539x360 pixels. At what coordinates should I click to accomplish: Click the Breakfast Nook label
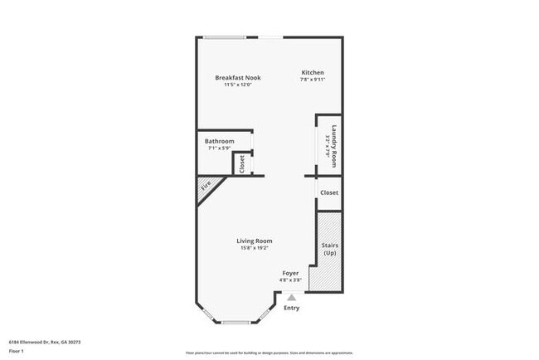(x=237, y=77)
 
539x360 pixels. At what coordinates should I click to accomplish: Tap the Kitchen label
(x=312, y=73)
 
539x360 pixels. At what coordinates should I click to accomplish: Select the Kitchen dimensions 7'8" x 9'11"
(x=312, y=80)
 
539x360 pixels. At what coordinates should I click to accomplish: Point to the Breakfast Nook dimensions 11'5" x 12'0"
(x=237, y=85)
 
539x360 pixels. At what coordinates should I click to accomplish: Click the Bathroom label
(x=220, y=141)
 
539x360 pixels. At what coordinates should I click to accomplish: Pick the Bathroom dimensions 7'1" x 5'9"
(x=220, y=148)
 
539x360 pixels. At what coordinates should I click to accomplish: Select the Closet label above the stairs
(x=329, y=192)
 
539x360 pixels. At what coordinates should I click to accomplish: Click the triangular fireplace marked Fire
(x=206, y=187)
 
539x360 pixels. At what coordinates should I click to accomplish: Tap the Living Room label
(x=255, y=241)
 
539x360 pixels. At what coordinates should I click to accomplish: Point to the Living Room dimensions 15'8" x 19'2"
(x=255, y=248)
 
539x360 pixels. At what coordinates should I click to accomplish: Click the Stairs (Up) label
(x=329, y=249)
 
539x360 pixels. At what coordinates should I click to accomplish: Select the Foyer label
(x=290, y=272)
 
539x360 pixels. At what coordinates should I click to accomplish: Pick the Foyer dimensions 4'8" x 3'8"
(x=290, y=280)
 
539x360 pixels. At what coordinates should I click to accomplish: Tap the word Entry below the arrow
(x=292, y=309)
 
